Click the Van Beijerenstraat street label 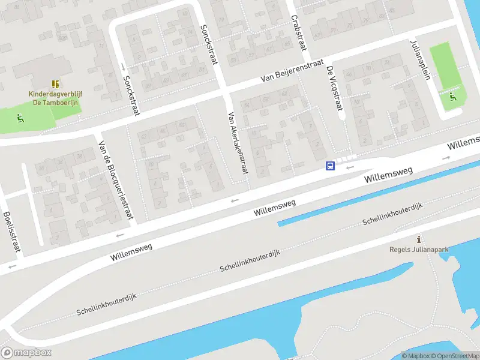(x=292, y=71)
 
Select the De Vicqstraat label (x=334, y=88)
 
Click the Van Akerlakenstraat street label (x=238, y=143)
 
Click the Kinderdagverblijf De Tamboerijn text (x=55, y=98)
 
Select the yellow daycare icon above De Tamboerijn (x=55, y=84)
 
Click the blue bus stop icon (x=330, y=166)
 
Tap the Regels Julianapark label (x=419, y=250)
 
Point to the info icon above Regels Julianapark (x=419, y=239)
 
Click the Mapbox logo (x=26, y=352)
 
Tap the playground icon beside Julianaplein (x=453, y=95)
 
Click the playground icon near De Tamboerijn (x=20, y=118)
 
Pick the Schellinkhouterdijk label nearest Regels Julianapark (x=392, y=214)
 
